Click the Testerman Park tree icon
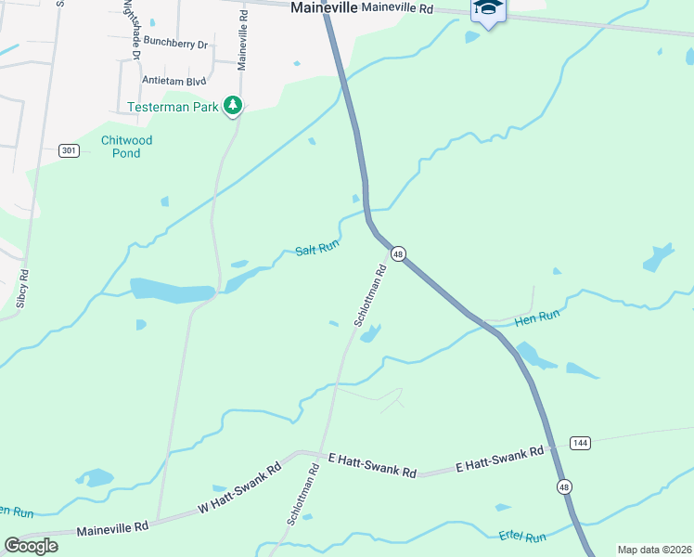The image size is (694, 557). click(x=234, y=107)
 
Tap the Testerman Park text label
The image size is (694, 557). click(x=173, y=107)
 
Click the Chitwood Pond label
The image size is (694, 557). click(x=126, y=147)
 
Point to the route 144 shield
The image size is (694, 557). click(x=581, y=443)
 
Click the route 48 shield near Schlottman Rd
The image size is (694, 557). click(x=398, y=253)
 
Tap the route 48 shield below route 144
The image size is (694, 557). click(x=563, y=486)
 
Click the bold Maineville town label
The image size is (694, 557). click(x=323, y=7)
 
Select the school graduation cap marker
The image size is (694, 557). click(x=488, y=9)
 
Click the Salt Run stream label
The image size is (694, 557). click(x=318, y=249)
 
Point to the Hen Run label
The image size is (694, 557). click(x=537, y=317)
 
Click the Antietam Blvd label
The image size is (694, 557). click(x=173, y=81)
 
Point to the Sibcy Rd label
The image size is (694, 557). click(x=23, y=289)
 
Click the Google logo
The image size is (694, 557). click(x=31, y=546)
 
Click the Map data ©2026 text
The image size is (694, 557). click(x=654, y=550)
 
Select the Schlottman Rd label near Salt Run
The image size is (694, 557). click(x=368, y=296)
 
